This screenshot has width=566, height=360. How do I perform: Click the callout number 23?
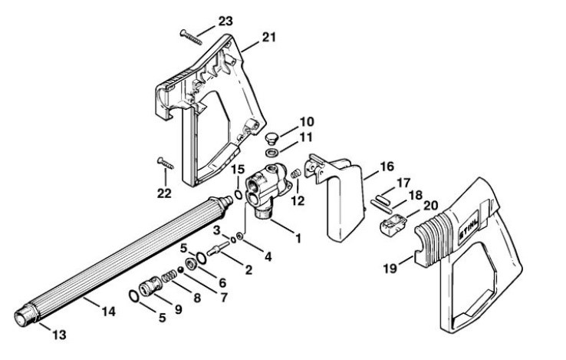tap(226, 21)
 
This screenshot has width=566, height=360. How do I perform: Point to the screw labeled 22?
tap(168, 163)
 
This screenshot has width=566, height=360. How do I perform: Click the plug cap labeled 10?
tap(269, 138)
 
